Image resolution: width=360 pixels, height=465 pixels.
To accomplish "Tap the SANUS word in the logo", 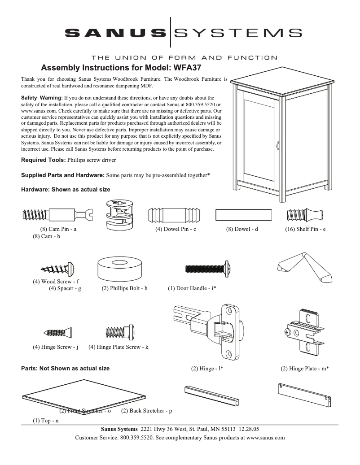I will tap(115, 32).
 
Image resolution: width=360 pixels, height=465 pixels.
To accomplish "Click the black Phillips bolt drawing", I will tap(208, 268).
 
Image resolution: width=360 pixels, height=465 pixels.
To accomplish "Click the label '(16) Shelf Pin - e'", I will tap(305, 229).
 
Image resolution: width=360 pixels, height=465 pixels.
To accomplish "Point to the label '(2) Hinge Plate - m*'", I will tap(305, 369).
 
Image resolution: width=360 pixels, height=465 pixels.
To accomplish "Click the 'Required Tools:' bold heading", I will tap(43, 160).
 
